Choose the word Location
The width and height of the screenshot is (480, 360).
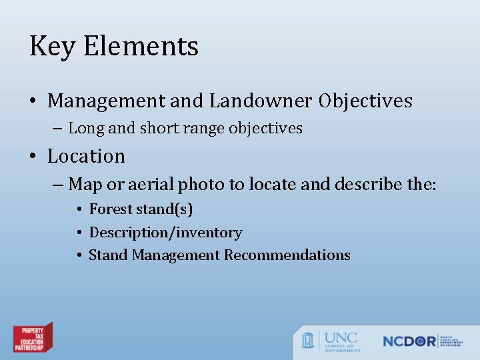pos(86,156)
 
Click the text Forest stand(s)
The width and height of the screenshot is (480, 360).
pos(141,209)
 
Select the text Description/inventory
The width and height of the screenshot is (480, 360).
pos(165,233)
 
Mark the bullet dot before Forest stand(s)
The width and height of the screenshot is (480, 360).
pos(79,210)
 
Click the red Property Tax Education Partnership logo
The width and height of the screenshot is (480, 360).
pos(33,338)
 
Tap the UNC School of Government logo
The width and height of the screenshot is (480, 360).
pos(331,341)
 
